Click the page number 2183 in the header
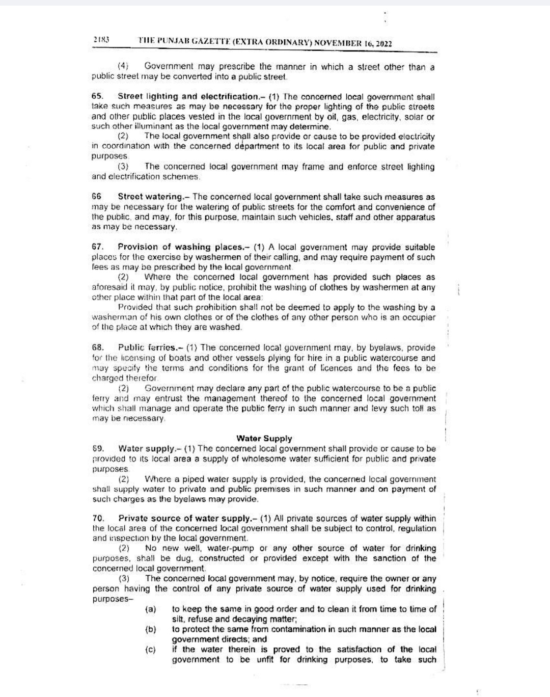[x=102, y=39]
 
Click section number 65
[x=97, y=96]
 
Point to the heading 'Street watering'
[x=151, y=197]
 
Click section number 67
[x=97, y=247]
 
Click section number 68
[x=98, y=347]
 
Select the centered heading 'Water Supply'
[x=264, y=438]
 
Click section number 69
[x=98, y=448]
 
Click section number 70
[x=98, y=518]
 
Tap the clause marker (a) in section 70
[x=150, y=609]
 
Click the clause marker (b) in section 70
[x=150, y=629]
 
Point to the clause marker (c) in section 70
[x=150, y=650]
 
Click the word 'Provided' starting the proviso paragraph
[x=134, y=307]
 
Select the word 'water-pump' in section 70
[x=233, y=548]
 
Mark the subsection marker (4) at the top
[x=123, y=66]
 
